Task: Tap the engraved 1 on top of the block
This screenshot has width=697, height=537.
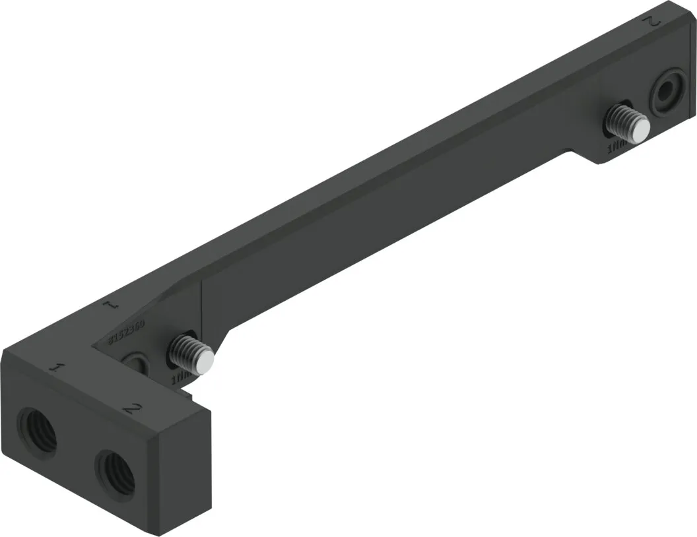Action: (x=59, y=368)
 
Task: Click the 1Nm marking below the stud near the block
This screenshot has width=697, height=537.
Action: (x=180, y=379)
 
